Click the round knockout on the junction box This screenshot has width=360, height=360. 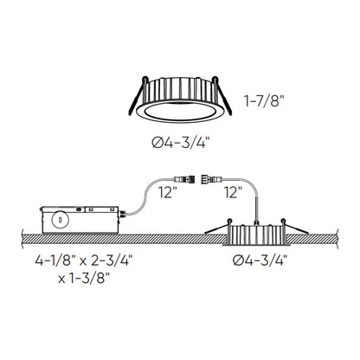coord(59,220)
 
